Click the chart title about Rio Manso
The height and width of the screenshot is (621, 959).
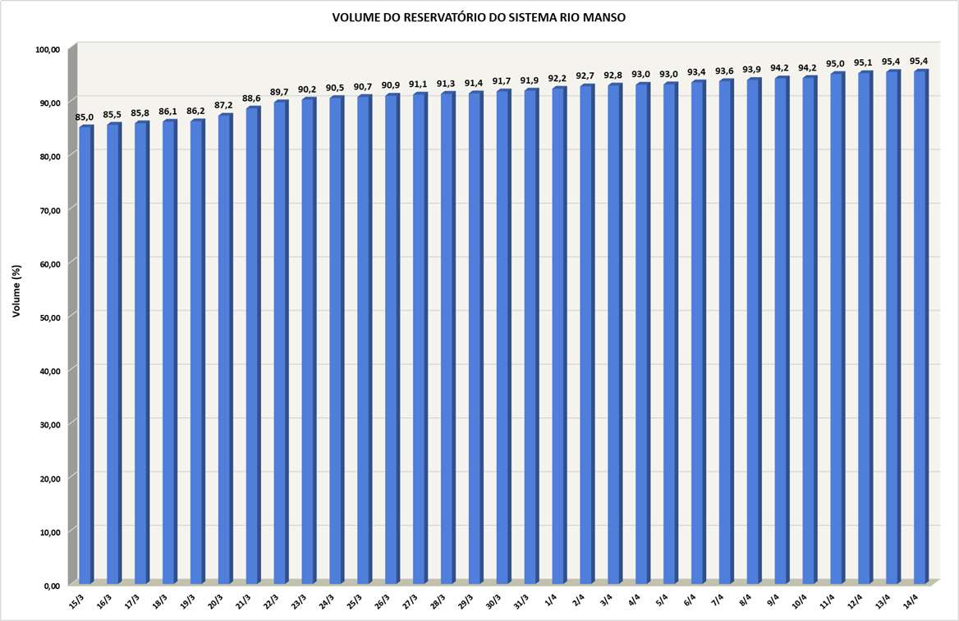479,16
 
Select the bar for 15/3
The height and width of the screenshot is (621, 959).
85,353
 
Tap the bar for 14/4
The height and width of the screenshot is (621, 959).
920,328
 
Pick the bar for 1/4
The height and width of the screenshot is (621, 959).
558,336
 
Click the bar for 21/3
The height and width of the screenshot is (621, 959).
252,345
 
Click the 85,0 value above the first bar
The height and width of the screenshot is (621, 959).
85,117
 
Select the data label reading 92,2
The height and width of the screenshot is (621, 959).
558,79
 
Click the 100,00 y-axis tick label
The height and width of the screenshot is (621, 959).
48,49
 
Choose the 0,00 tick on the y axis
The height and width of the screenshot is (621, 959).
52,585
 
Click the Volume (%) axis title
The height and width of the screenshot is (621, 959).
16,291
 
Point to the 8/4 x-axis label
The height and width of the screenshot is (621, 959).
747,600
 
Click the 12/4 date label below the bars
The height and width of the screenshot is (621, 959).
857,600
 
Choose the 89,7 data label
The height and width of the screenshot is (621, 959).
280,92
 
